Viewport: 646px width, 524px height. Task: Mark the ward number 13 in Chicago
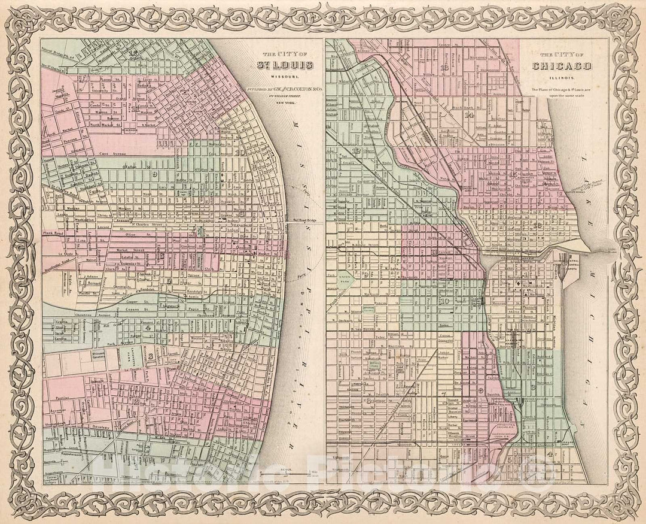pyautogui.click(x=444, y=67)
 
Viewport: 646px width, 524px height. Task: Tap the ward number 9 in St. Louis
pyautogui.click(x=154, y=174)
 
